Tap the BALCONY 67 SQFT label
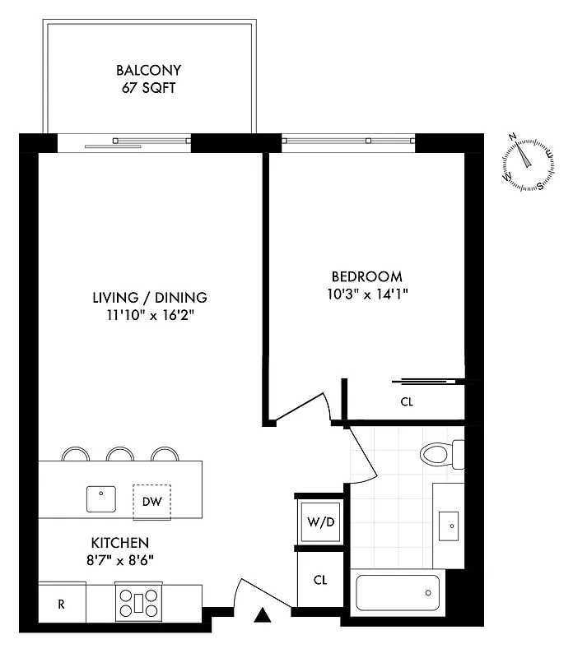click(148, 79)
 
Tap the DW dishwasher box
click(151, 501)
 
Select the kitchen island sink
click(101, 498)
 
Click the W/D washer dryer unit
click(319, 521)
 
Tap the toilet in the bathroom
click(440, 454)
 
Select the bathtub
click(397, 592)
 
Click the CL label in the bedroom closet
click(406, 402)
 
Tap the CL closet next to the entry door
click(320, 580)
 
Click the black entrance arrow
click(263, 615)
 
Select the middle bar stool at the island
click(119, 454)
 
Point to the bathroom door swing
click(362, 456)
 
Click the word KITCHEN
click(119, 543)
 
